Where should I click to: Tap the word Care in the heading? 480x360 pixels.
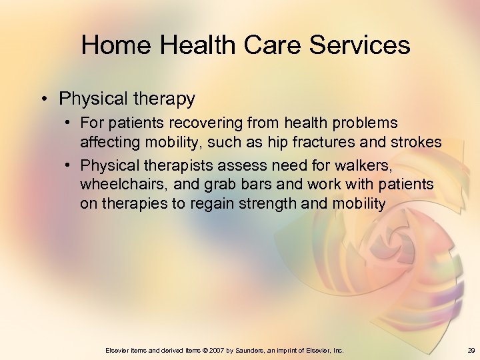click(x=273, y=45)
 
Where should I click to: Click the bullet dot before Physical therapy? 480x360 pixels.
click(x=45, y=99)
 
